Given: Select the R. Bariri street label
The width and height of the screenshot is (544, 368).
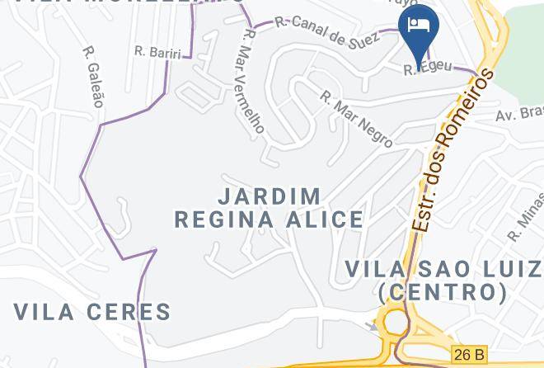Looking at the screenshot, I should click(x=157, y=51).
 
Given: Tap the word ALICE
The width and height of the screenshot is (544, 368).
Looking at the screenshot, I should click(x=325, y=219).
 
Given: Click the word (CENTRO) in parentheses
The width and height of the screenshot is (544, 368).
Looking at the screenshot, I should click(x=443, y=292).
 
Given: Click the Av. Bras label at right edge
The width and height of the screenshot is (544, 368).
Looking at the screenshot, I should click(x=519, y=112).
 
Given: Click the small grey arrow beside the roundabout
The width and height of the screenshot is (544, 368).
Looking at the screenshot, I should click(x=373, y=327).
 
